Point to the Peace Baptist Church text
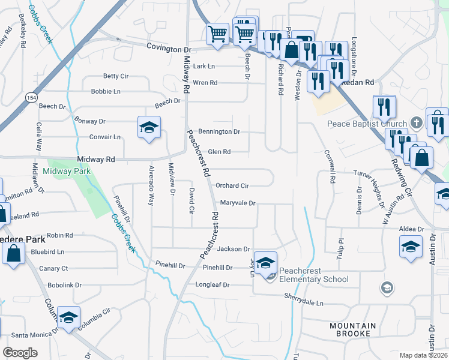click(367, 124)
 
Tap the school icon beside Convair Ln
click(149, 127)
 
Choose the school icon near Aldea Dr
click(411, 246)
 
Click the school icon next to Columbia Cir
click(68, 317)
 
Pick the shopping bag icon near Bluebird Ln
click(13, 253)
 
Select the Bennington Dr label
click(219, 131)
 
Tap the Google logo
click(20, 353)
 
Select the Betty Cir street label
click(116, 76)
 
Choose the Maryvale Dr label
click(238, 203)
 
